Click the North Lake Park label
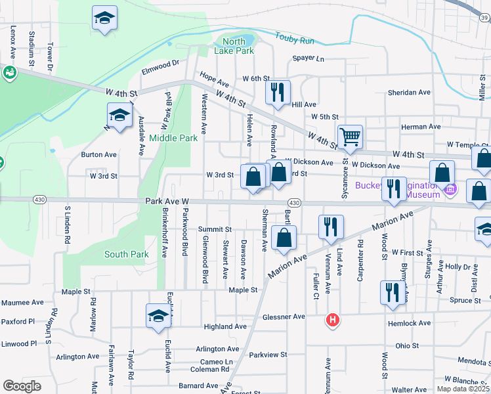234,46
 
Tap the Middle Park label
173,138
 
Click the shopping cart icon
351,137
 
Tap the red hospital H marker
333,320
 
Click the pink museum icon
450,190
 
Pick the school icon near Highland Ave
158,316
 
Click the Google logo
22,386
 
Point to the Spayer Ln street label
309,58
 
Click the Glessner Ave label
284,317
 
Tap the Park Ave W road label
167,201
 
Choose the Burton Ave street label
98,155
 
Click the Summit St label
215,229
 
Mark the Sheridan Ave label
408,93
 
